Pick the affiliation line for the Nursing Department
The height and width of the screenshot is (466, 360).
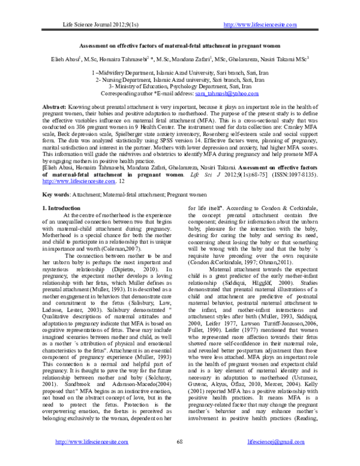click(179, 79)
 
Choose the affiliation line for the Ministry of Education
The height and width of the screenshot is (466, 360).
click(179, 86)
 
